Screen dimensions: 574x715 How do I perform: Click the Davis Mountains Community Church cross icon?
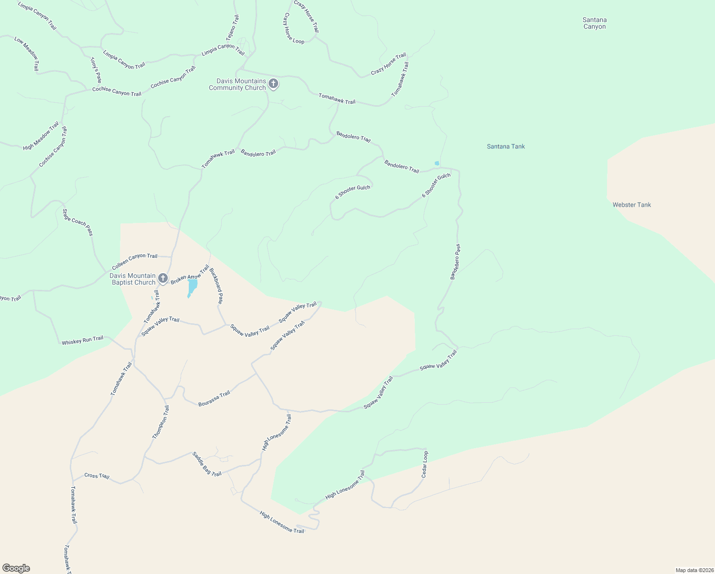click(273, 85)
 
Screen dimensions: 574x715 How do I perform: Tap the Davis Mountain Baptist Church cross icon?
click(163, 279)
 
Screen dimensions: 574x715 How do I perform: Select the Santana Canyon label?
click(595, 23)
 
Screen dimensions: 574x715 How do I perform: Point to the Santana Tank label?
click(506, 146)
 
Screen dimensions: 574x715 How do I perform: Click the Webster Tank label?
click(632, 205)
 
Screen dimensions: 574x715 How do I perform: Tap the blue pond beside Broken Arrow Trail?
click(192, 287)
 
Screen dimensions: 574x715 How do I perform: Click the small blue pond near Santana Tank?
click(437, 164)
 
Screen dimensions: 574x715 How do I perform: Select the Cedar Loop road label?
click(424, 464)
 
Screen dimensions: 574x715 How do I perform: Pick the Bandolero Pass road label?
click(455, 262)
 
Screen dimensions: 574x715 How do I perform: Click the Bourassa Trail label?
click(214, 398)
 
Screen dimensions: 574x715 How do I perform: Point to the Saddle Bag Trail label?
click(207, 464)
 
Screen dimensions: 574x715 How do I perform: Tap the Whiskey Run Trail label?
click(82, 340)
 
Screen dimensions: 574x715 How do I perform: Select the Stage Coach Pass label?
click(77, 222)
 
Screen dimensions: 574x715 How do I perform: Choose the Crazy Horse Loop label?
click(293, 28)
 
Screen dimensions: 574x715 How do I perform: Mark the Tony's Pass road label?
click(96, 70)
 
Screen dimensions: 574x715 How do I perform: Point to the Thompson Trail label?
click(161, 422)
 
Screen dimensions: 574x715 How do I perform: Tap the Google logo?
click(16, 568)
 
